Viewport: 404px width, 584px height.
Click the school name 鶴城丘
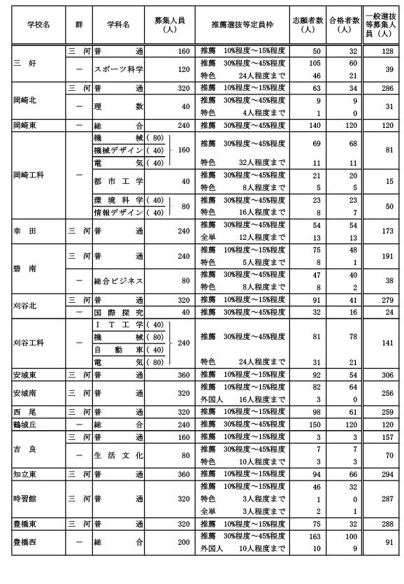[27, 423]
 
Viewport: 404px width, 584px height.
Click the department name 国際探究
[118, 311]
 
